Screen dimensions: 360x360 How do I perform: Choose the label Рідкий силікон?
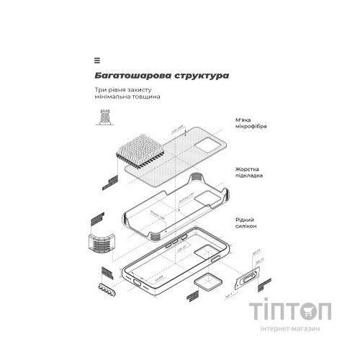click(x=247, y=222)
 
